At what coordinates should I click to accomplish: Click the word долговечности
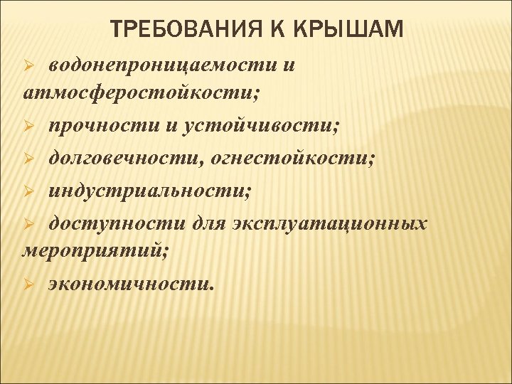[124, 159]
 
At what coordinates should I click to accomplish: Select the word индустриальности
[148, 191]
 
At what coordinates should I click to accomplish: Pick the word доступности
[117, 223]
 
